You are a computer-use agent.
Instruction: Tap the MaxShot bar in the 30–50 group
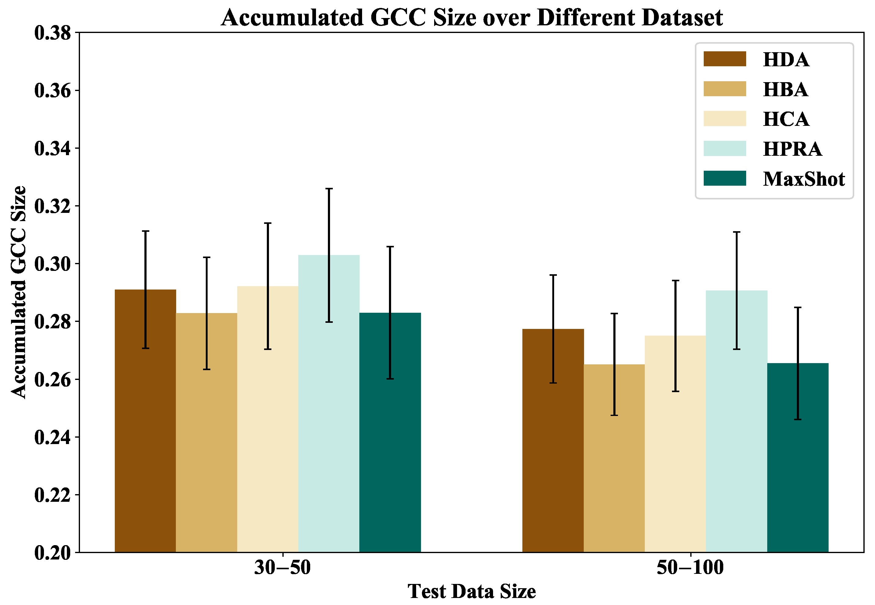[390, 432]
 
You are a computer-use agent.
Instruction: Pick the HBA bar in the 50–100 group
[614, 458]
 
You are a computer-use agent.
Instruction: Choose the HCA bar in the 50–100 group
[675, 443]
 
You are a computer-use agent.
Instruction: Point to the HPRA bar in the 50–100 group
[736, 421]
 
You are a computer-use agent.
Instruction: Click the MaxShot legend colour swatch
[724, 178]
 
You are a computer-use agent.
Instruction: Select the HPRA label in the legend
[792, 149]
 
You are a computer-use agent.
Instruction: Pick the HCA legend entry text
[786, 119]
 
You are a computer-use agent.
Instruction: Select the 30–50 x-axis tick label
[282, 567]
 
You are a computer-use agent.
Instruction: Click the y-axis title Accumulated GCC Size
[18, 292]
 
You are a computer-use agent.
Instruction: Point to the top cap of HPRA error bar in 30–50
[329, 188]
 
